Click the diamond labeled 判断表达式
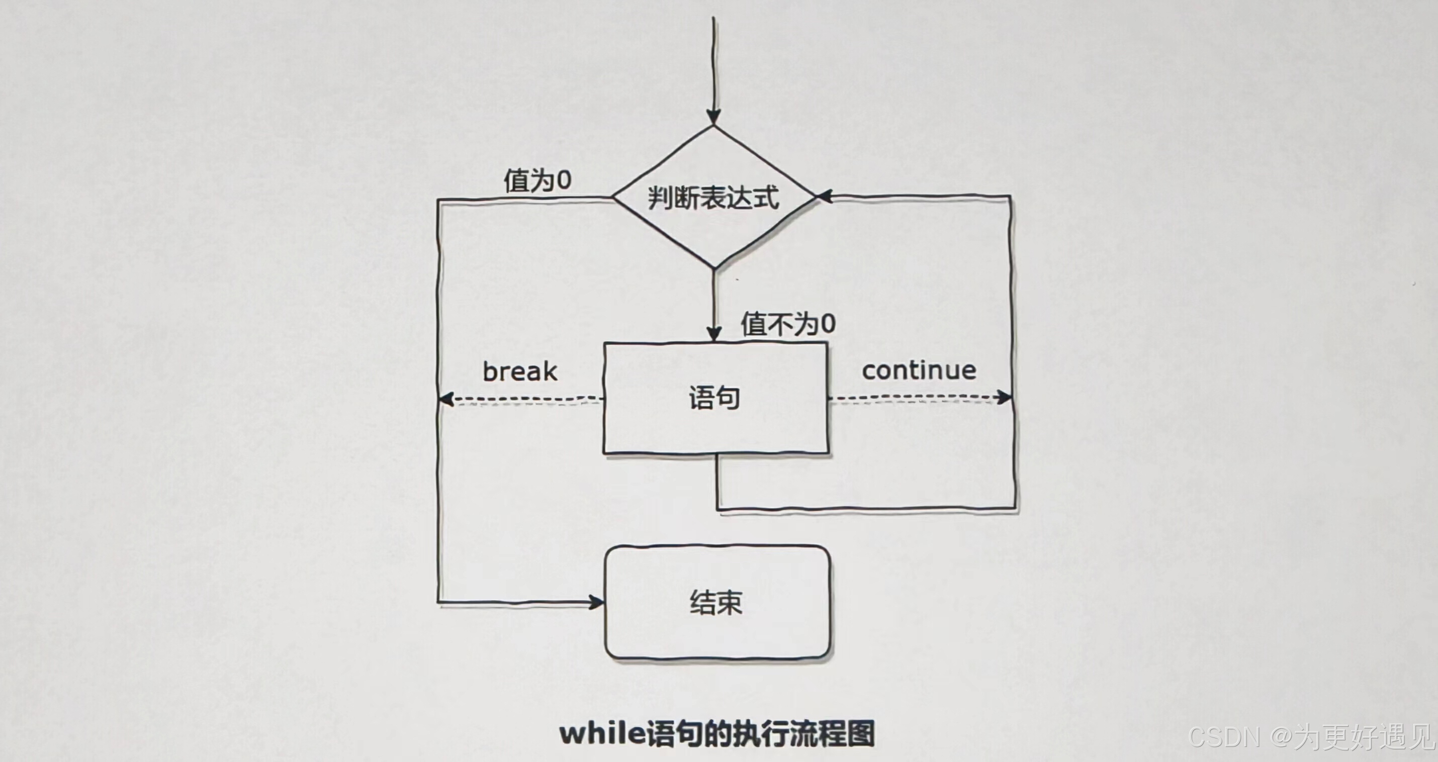[713, 198]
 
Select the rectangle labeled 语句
[715, 398]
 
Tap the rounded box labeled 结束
[717, 602]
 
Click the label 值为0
[537, 180]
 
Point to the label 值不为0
[788, 324]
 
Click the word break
[520, 372]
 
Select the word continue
[919, 370]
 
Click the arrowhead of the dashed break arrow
[445, 399]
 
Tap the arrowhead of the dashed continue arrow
[1005, 398]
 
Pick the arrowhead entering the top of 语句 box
[714, 334]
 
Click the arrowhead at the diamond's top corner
[713, 117]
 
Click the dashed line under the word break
[525, 400]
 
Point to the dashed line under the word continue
[916, 398]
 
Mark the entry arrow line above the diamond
[713, 61]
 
